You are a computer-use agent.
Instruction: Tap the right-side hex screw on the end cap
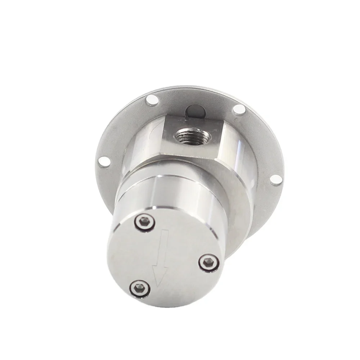(209, 263)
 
